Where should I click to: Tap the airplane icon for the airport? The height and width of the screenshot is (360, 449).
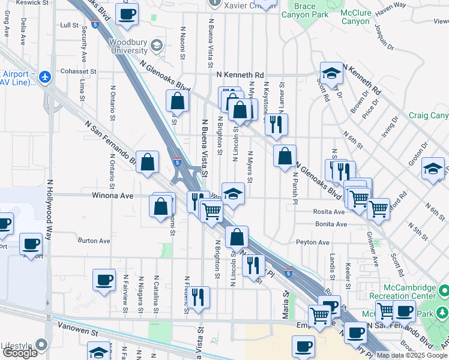click(44, 77)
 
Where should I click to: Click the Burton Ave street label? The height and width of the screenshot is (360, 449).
click(94, 241)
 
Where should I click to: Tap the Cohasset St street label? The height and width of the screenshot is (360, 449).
click(79, 71)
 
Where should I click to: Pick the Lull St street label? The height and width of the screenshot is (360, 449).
click(70, 25)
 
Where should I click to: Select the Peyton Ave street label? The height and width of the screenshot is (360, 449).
click(313, 242)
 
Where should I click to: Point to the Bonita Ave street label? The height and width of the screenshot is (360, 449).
click(333, 224)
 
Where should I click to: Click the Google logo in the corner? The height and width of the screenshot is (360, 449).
click(20, 353)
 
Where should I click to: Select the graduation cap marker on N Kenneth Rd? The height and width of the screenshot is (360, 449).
click(331, 73)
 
